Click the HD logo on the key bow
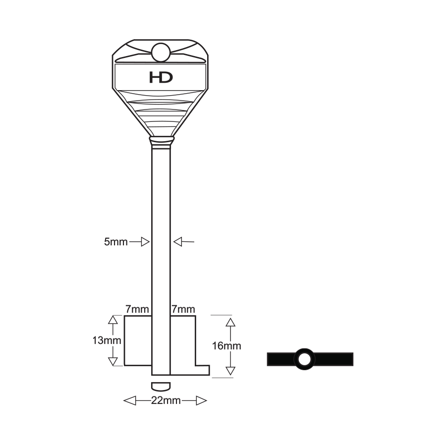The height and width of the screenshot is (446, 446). (161, 77)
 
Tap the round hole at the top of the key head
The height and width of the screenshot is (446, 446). (161, 53)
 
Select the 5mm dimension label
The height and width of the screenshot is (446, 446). (116, 242)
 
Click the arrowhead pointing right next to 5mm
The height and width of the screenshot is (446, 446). (145, 242)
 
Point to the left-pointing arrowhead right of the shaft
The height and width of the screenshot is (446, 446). (177, 242)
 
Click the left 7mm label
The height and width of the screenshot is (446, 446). (137, 309)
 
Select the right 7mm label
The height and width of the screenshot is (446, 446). (183, 309)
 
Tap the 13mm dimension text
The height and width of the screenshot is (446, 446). (107, 340)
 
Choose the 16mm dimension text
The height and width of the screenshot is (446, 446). (226, 346)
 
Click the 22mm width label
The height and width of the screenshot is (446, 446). (166, 400)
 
